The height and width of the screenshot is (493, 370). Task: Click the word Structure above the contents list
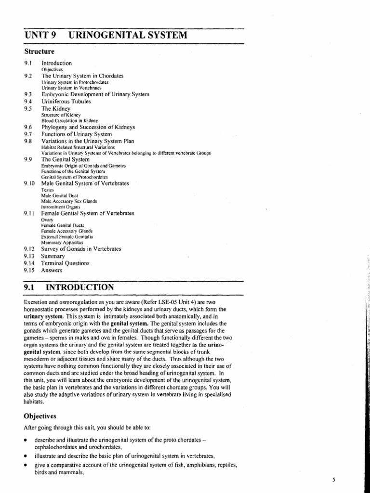click(x=39, y=51)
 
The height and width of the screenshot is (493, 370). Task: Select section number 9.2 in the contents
click(x=27, y=76)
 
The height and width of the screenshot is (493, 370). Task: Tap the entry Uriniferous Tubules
click(x=66, y=102)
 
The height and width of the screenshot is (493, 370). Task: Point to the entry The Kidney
click(x=56, y=109)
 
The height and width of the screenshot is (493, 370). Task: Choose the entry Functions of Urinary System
click(x=77, y=133)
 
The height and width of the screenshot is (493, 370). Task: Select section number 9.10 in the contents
click(x=29, y=183)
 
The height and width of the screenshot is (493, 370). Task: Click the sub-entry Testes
click(x=47, y=190)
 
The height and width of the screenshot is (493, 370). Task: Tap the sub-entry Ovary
click(x=47, y=219)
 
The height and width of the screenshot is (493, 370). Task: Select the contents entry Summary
click(x=53, y=256)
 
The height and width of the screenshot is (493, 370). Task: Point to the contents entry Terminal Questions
click(x=65, y=263)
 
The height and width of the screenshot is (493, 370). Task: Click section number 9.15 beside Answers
click(x=29, y=271)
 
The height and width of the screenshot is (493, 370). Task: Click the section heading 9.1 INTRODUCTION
click(x=68, y=287)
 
